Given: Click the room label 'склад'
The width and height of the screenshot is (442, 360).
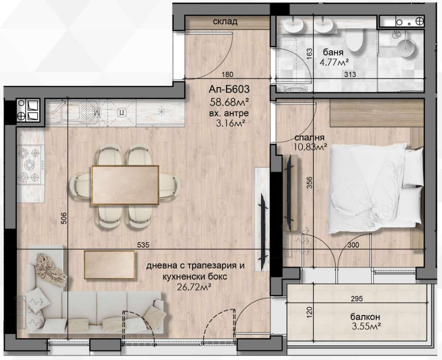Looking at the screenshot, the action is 225,21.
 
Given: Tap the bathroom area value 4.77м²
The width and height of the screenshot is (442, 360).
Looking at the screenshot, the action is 335,62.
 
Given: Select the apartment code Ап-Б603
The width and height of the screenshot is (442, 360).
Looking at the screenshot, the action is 229,89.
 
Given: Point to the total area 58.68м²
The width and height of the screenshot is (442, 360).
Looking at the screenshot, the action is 229,102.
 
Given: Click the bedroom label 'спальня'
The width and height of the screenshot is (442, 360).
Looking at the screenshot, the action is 309,138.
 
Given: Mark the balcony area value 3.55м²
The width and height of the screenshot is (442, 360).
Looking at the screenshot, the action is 367,326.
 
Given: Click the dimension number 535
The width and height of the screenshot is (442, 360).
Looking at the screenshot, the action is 143,245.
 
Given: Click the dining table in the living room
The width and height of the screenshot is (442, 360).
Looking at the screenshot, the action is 125,185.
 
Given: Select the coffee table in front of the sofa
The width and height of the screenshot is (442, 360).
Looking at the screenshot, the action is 110,265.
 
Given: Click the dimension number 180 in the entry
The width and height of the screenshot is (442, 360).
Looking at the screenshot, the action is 227,75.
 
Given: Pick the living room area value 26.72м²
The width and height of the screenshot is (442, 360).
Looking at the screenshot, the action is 194,287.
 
